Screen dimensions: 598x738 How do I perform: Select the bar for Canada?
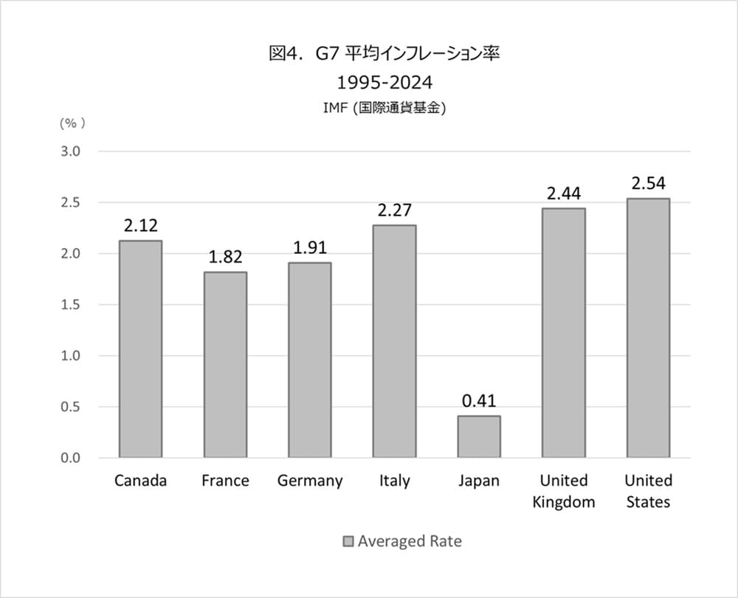tap(140, 349)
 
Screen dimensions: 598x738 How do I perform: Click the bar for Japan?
tap(478, 436)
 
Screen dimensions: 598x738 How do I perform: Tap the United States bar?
tap(648, 328)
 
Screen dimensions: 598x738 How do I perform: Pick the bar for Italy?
tap(394, 341)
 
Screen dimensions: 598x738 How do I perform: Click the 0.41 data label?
tap(478, 401)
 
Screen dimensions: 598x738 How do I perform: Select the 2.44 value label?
tap(564, 193)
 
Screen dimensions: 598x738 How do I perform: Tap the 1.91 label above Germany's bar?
tap(309, 247)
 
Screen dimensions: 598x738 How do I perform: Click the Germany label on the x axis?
tap(310, 481)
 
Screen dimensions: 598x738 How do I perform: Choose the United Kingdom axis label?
tap(564, 491)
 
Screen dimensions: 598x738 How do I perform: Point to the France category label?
tap(225, 481)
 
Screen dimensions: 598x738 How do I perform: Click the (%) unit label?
tap(72, 123)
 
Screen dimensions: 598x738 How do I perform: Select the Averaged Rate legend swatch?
tap(348, 541)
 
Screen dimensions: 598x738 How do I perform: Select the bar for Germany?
tap(309, 360)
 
